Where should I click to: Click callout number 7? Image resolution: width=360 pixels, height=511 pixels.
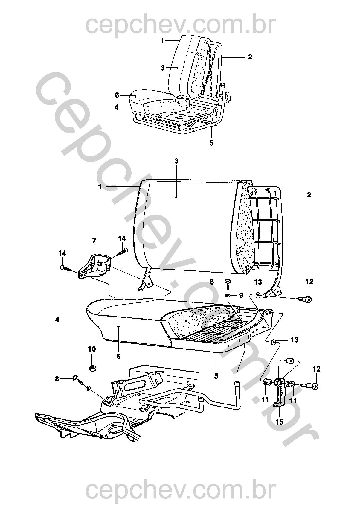pyautogui.click(x=94, y=241)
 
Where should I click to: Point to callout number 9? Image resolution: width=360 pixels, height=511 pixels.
pyautogui.click(x=241, y=295)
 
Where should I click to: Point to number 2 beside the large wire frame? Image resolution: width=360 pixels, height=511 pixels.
pyautogui.click(x=309, y=195)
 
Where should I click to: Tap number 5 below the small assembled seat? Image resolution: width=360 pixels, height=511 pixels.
pyautogui.click(x=211, y=143)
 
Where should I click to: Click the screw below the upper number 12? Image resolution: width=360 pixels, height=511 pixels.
pyautogui.click(x=304, y=299)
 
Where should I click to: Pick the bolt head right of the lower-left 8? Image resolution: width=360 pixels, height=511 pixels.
pyautogui.click(x=76, y=378)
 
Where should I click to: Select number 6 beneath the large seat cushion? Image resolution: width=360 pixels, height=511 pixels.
pyautogui.click(x=119, y=357)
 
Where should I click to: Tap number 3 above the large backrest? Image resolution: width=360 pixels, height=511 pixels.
pyautogui.click(x=176, y=161)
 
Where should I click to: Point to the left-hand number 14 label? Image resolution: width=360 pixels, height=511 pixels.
pyautogui.click(x=62, y=253)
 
